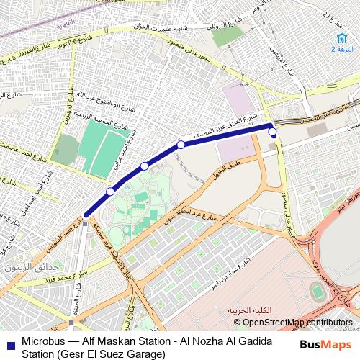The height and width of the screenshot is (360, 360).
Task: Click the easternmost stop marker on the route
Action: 272,132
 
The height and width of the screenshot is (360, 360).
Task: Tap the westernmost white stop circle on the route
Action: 110,192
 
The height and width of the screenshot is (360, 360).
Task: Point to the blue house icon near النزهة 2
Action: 339,38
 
